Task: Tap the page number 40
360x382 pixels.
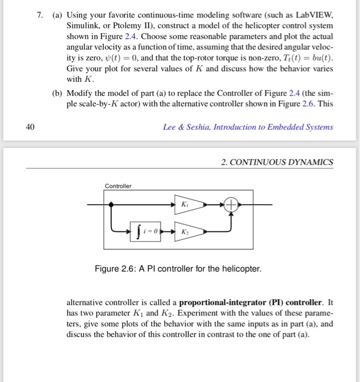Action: click(31, 127)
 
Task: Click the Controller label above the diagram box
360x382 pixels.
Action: click(118, 186)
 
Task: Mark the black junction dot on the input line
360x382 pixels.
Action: click(113, 205)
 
